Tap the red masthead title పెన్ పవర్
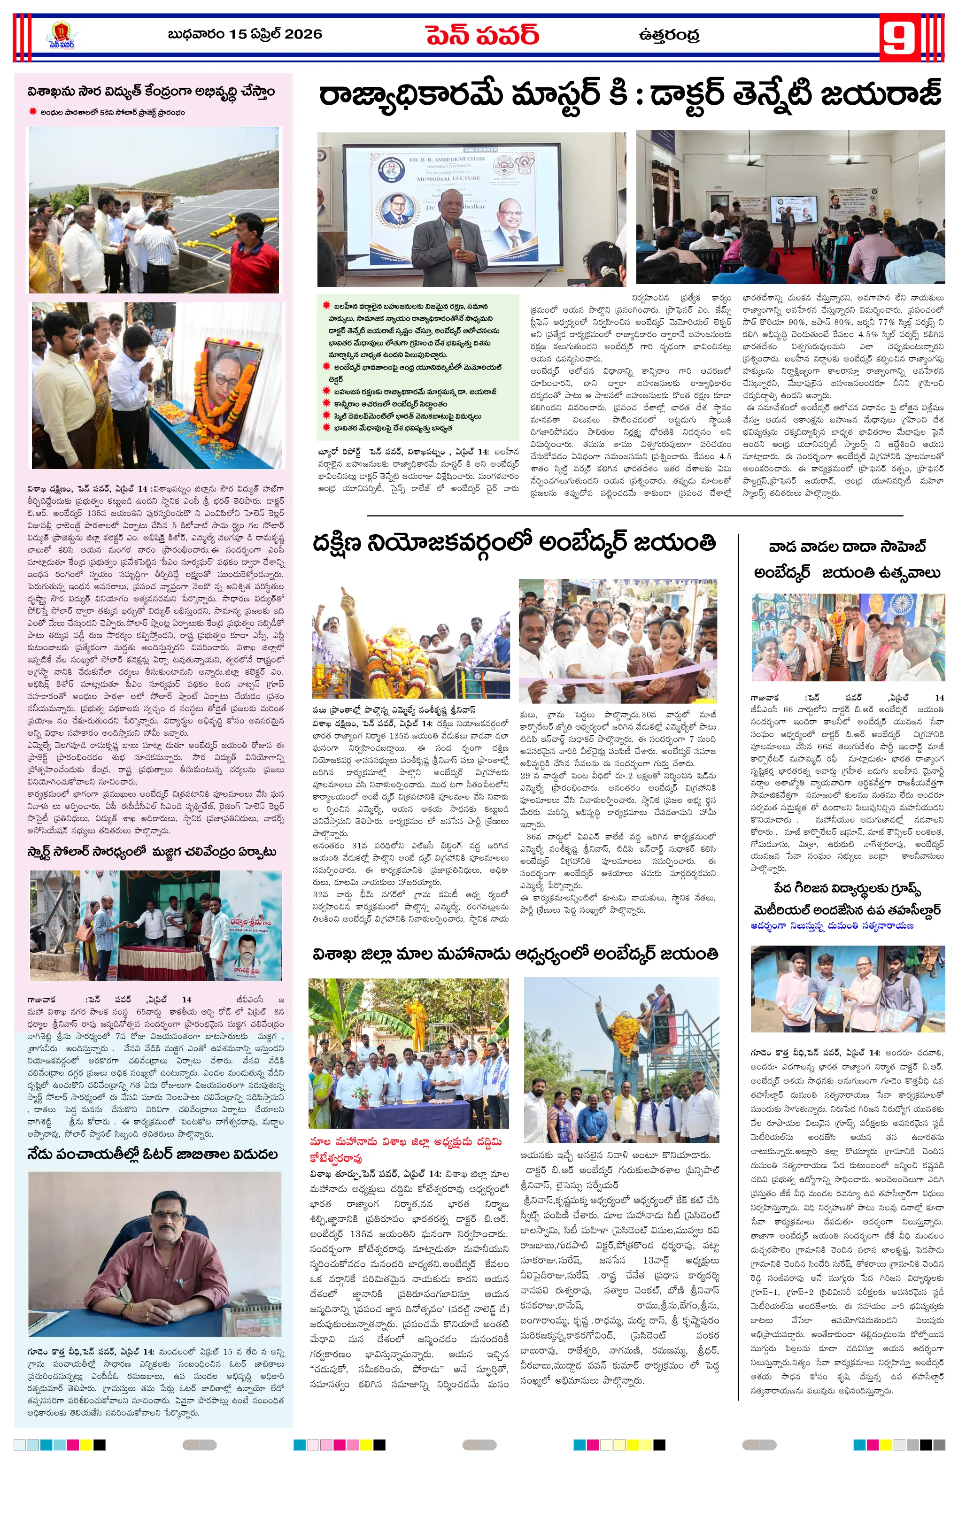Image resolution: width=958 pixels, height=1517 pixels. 482,35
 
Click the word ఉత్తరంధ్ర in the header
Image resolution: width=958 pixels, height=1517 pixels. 669,35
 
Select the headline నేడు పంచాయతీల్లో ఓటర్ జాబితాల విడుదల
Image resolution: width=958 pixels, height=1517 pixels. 153,1154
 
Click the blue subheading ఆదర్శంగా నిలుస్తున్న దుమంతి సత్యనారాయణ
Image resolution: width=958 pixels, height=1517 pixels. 832,925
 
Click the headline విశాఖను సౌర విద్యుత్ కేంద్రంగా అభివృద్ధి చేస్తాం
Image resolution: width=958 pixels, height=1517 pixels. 151,92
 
